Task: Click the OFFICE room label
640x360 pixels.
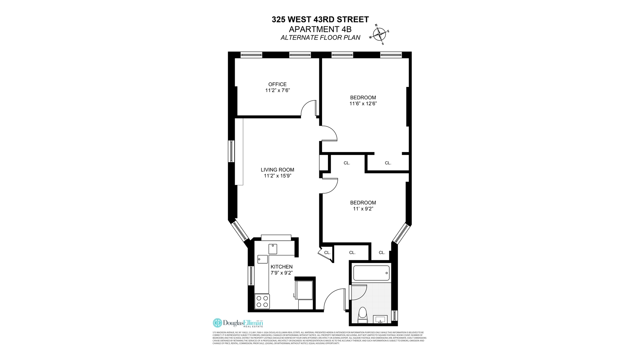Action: click(277, 84)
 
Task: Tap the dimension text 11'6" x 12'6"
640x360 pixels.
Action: click(363, 104)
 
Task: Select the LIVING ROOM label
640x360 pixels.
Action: click(277, 170)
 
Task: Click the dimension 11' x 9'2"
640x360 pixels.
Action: click(363, 209)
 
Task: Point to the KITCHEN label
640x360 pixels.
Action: click(281, 267)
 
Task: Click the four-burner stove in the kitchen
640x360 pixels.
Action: click(262, 301)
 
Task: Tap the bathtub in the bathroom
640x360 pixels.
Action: click(371, 273)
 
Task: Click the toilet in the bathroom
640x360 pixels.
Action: click(362, 315)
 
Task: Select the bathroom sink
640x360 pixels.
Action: click(380, 320)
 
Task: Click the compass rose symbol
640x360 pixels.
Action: click(379, 34)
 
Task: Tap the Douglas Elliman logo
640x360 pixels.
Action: click(238, 323)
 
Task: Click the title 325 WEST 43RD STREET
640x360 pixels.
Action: click(320, 20)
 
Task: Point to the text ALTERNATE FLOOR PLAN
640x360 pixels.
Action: click(320, 38)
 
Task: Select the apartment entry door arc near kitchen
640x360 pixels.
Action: click(333, 298)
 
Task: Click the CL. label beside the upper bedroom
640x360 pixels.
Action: click(388, 163)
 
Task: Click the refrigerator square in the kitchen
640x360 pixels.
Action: click(304, 290)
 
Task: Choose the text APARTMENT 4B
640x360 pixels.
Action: click(320, 29)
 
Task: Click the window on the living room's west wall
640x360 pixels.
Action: click(231, 151)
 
